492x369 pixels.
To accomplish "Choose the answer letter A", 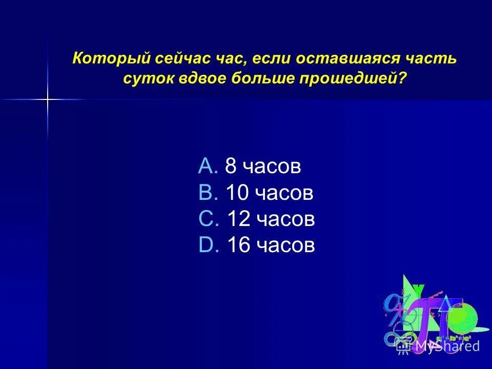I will pyautogui.click(x=208, y=166).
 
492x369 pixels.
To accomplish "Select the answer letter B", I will pyautogui.click(x=208, y=193).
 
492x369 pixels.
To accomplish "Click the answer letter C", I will pyautogui.click(x=208, y=219).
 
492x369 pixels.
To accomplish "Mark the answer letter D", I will pyautogui.click(x=208, y=246).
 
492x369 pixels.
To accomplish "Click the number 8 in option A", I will pyautogui.click(x=231, y=166).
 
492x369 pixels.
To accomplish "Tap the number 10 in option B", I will pyautogui.click(x=237, y=193).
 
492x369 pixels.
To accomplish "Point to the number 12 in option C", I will pyautogui.click(x=237, y=219).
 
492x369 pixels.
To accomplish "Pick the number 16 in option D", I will pyautogui.click(x=237, y=246).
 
